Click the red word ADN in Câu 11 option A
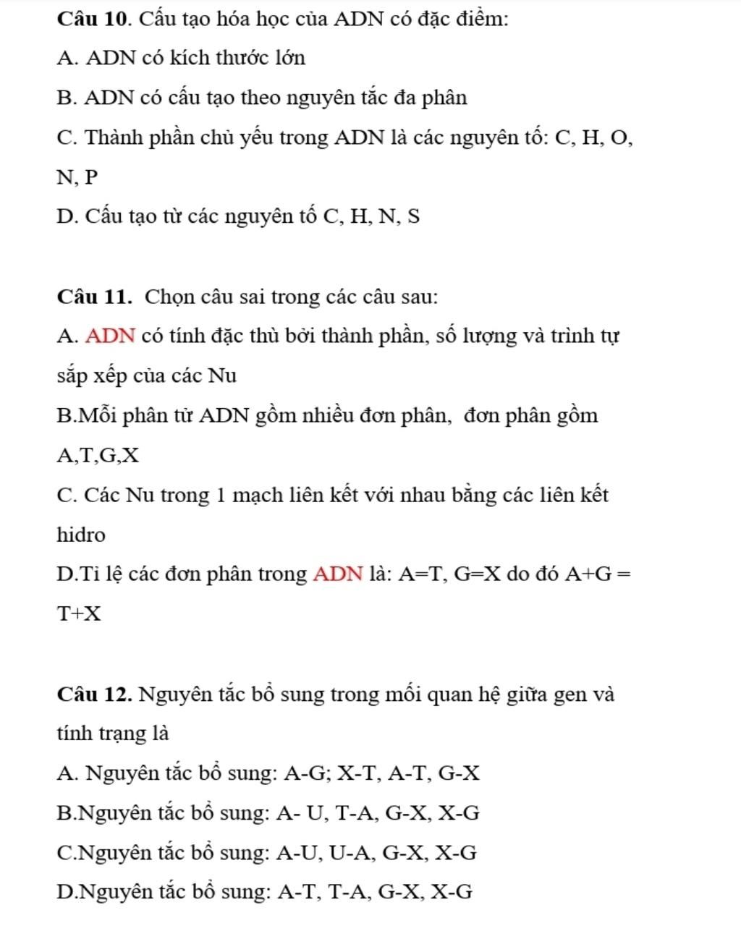110,336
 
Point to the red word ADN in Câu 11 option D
338,574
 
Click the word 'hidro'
81,535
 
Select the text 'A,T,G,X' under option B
98,456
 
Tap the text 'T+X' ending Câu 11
79,615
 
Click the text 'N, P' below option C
76,177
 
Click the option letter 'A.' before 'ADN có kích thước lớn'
67,59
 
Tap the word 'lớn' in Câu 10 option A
289,59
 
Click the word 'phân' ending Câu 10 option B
444,98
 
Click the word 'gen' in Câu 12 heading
570,694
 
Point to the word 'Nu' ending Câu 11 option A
221,376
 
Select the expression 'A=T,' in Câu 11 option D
425,574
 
